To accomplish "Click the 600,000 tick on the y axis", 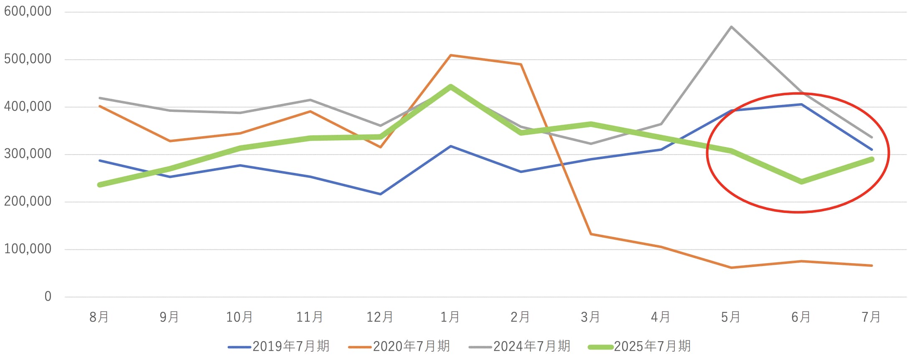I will point(28,11).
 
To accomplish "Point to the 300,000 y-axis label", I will point(28,154).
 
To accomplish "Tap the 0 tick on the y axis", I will point(48,297).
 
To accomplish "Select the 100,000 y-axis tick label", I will point(28,249).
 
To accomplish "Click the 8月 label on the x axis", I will point(99,317).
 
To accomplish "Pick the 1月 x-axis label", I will point(450,317).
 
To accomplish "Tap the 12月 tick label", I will point(380,317).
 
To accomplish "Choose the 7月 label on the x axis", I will point(871,317).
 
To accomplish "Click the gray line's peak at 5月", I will point(731,27).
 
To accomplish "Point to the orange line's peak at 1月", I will point(450,55).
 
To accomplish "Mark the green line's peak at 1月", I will point(450,87).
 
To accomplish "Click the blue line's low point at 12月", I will point(380,194).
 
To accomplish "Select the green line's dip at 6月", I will point(801,182).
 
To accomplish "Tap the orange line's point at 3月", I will point(591,234).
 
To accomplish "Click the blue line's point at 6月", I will point(801,104).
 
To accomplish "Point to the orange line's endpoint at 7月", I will point(872,266).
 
